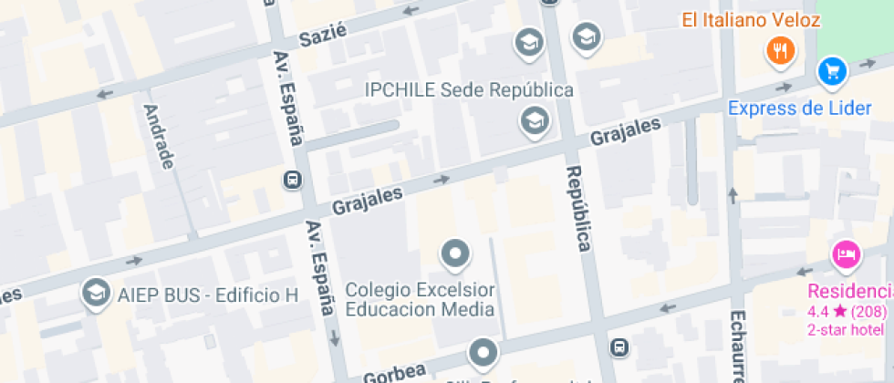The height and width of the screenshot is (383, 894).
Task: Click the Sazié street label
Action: [x=324, y=36]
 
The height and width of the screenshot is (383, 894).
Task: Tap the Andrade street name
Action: [x=160, y=136]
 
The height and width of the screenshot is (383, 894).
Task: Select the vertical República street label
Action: [x=578, y=208]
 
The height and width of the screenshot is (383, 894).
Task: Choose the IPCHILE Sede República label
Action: [x=469, y=89]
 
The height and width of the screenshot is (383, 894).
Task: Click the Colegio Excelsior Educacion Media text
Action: [x=421, y=299]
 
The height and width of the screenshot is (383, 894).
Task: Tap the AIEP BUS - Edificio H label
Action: [x=207, y=295]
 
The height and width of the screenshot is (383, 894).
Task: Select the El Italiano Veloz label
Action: [x=743, y=19]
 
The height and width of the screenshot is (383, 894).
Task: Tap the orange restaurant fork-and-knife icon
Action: [x=780, y=50]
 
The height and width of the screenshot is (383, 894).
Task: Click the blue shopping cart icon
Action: [x=832, y=70]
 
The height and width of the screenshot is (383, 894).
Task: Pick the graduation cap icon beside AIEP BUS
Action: [x=94, y=293]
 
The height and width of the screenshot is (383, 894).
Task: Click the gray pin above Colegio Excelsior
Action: [x=454, y=253]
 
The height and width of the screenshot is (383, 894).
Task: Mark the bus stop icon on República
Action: [x=619, y=347]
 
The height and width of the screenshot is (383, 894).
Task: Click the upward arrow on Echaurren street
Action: [x=733, y=194]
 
